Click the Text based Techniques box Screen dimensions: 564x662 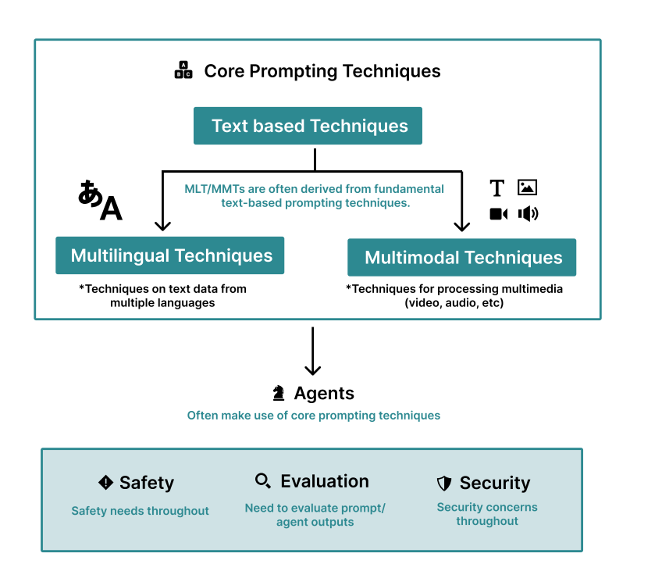pos(308,126)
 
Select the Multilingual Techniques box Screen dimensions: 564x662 pos(169,255)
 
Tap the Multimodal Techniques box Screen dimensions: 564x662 pos(461,258)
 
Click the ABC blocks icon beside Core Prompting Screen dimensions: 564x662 pos(183,71)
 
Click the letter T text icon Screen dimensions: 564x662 pos(497,188)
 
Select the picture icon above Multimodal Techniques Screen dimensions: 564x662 pos(528,187)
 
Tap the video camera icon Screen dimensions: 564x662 pos(498,213)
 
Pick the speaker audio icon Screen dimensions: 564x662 pos(528,213)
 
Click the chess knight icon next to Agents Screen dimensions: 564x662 pos(279,394)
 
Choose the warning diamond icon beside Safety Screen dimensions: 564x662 pos(106,482)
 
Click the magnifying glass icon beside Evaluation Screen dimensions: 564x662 pos(263,481)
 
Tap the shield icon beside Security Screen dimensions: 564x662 pos(444,484)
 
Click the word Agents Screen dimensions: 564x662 pos(324,394)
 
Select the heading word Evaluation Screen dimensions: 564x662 pos(325,481)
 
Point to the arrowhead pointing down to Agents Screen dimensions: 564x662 pos(312,370)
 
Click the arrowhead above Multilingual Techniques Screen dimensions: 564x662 pos(162,226)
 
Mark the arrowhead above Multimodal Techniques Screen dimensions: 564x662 pos(462,226)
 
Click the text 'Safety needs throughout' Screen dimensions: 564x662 pos(141,511)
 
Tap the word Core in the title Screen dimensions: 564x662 pos(222,71)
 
